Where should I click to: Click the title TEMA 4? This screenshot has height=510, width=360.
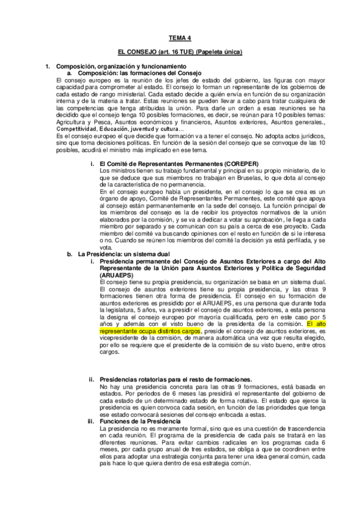click(x=180, y=37)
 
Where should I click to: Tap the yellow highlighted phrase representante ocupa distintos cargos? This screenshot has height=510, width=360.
click(x=140, y=330)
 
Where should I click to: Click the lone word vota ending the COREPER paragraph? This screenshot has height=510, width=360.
click(x=106, y=247)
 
